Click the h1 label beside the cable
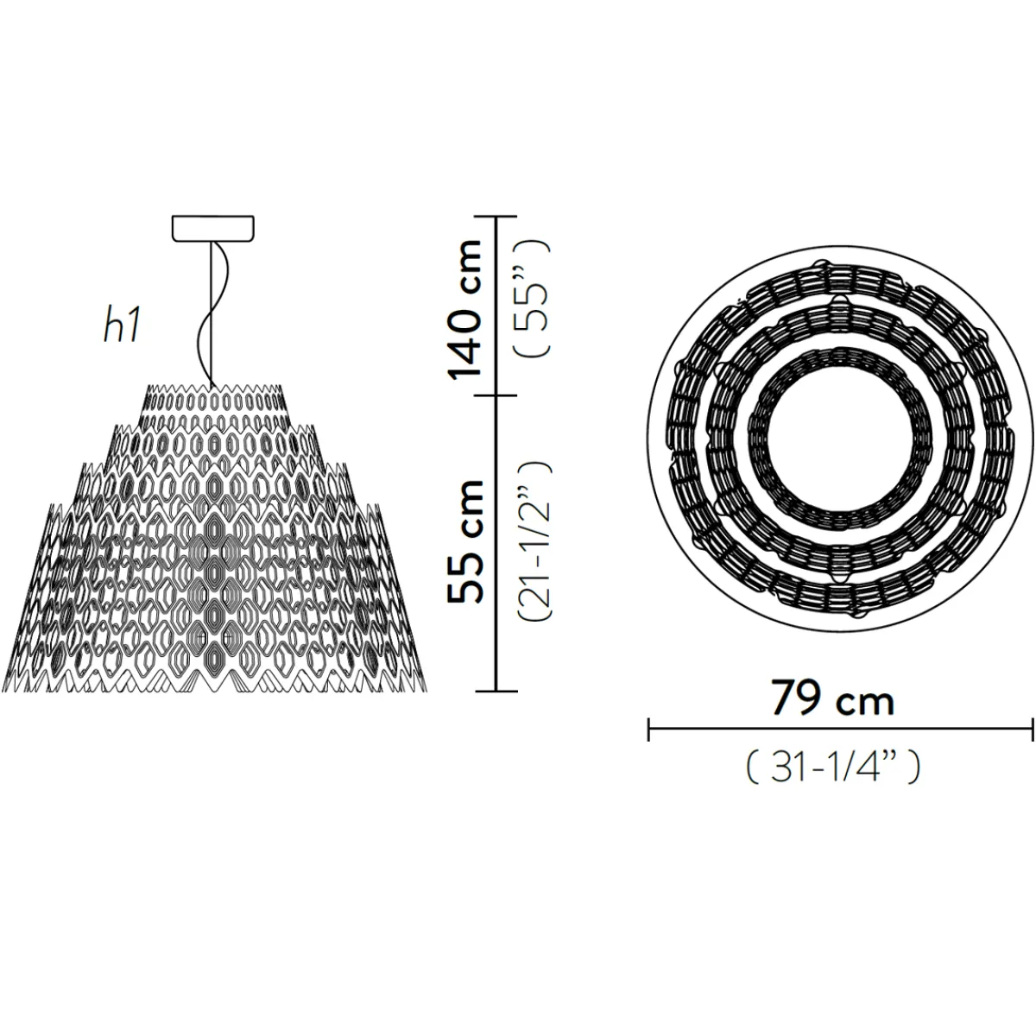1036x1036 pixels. tap(123, 327)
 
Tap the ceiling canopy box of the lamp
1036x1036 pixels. tap(213, 228)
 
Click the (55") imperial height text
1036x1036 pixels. tap(533, 298)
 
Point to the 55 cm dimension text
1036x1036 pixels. tap(465, 542)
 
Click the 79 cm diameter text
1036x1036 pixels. tap(833, 698)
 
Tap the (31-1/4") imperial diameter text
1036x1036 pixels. tap(833, 768)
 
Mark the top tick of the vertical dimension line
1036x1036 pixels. tap(496, 216)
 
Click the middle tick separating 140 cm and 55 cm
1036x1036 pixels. tap(496, 396)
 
